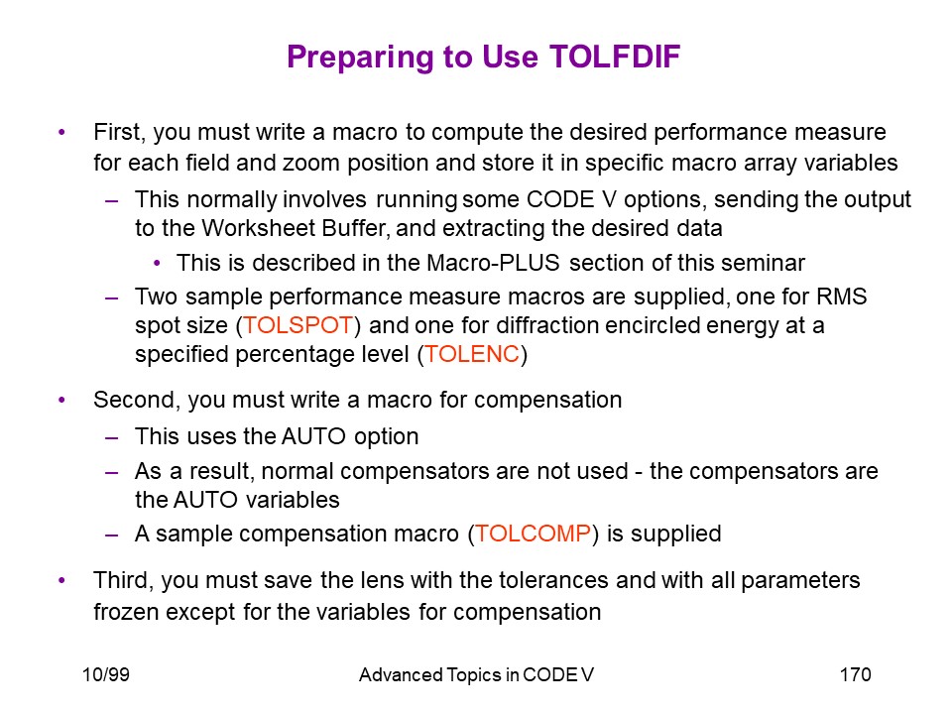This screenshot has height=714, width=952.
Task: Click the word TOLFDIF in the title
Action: click(x=615, y=57)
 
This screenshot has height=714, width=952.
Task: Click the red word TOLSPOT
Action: click(x=297, y=325)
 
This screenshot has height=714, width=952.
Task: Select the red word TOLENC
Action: click(x=472, y=354)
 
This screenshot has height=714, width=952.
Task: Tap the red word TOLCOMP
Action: click(x=533, y=534)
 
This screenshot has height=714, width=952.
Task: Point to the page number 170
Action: click(x=855, y=674)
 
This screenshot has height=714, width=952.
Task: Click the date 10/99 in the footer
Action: click(x=106, y=674)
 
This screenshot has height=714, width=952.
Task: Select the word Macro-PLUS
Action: click(x=493, y=263)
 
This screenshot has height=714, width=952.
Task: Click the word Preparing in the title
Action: click(x=360, y=58)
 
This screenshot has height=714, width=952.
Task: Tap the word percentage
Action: click(x=321, y=355)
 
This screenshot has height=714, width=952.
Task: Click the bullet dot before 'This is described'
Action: click(x=158, y=264)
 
